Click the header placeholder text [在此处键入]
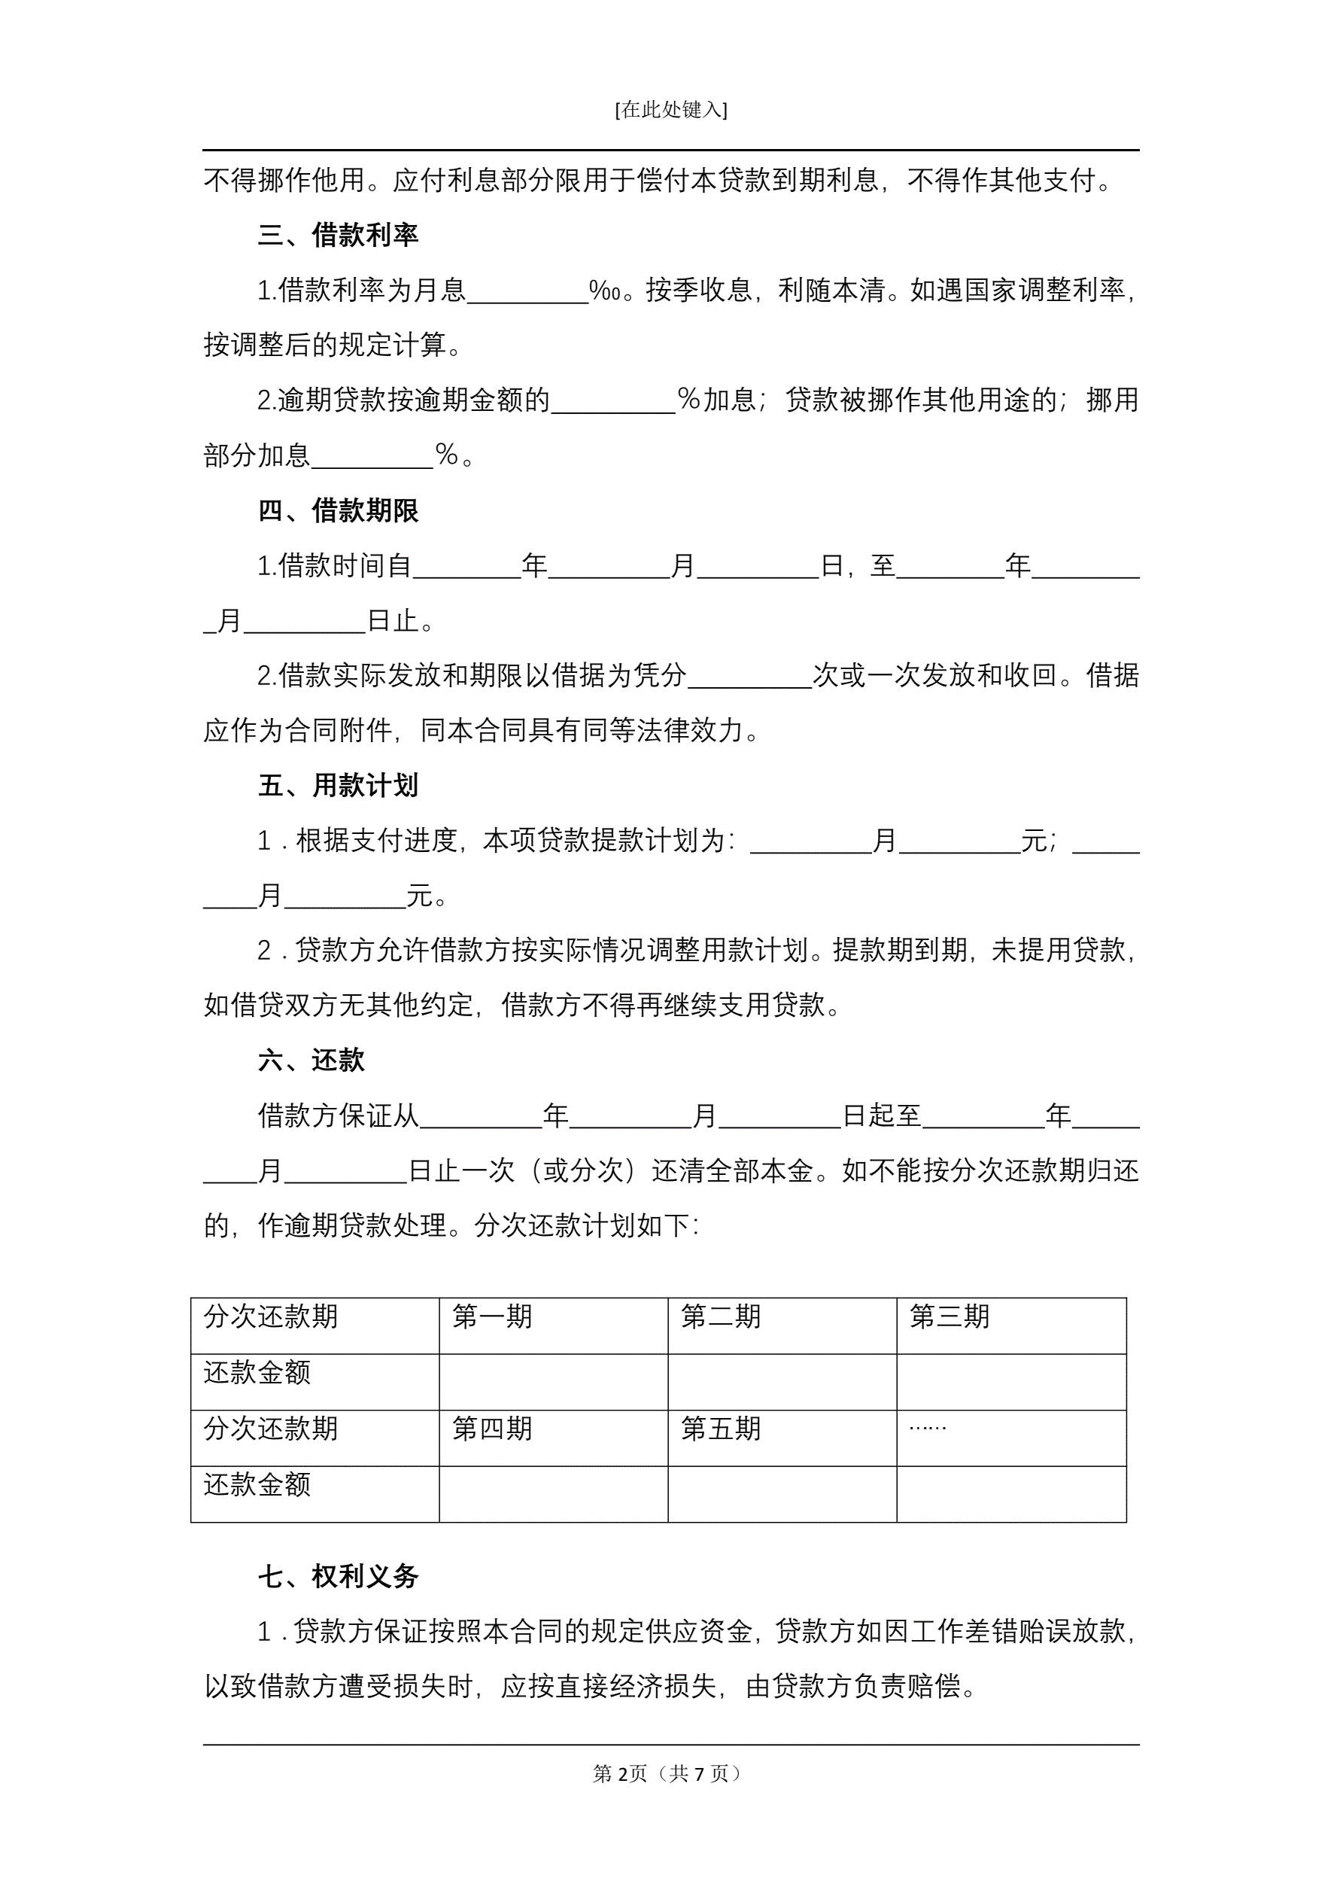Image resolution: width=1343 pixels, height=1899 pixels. (670, 110)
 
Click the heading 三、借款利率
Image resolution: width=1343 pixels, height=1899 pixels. (339, 235)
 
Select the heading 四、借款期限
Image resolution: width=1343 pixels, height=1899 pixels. (339, 510)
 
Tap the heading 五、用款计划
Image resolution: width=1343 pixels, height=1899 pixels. (339, 785)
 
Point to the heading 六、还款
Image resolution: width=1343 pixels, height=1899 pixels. (311, 1061)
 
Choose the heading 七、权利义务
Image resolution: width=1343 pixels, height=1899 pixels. (339, 1576)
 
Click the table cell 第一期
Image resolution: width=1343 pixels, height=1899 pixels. (492, 1316)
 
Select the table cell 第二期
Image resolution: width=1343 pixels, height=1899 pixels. (720, 1316)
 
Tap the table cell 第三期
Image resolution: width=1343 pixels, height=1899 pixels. (950, 1316)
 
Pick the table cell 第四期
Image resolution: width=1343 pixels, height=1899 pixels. (492, 1429)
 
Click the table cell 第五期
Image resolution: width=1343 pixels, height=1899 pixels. (720, 1429)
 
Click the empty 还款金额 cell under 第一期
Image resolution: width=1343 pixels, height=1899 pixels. (552, 1381)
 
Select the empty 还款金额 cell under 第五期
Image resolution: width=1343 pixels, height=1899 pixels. (782, 1494)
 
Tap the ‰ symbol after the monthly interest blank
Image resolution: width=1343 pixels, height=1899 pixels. (604, 291)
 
